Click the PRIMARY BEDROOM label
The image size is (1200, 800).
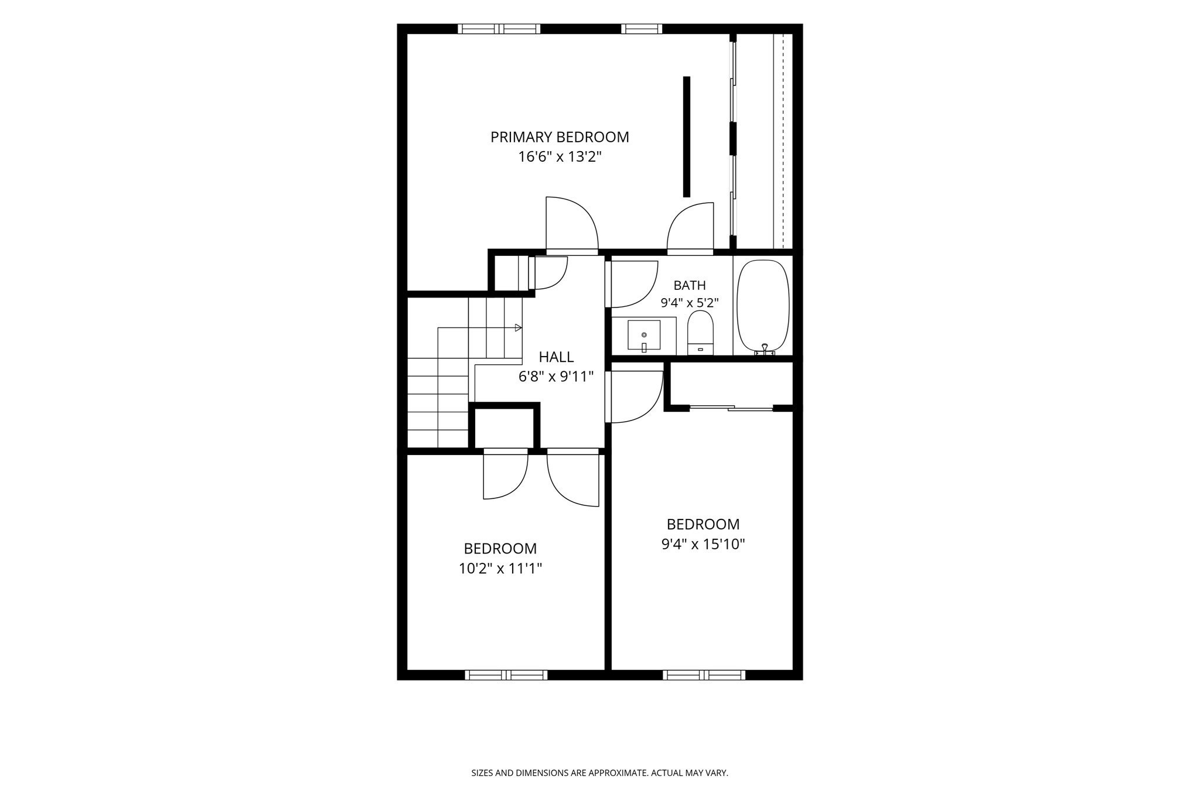(x=560, y=137)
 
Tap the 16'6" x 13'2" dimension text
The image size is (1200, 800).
(x=560, y=157)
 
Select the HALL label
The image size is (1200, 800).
(x=556, y=357)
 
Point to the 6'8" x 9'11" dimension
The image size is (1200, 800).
(x=556, y=377)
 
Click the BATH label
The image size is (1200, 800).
(x=690, y=285)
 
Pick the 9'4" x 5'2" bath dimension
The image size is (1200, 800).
(x=690, y=303)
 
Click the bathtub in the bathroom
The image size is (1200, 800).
(x=763, y=306)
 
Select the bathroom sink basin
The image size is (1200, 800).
(x=644, y=335)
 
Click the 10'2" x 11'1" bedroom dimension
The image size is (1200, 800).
(x=500, y=568)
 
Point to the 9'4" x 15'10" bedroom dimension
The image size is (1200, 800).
(x=703, y=544)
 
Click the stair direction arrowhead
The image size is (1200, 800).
(x=518, y=327)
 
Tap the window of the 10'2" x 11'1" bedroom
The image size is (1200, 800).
(x=506, y=675)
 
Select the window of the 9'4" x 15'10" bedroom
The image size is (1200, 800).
(x=704, y=675)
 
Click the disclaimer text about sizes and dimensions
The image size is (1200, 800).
(x=599, y=773)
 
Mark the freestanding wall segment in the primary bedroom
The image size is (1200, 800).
(x=687, y=136)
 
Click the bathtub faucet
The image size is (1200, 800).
(x=765, y=350)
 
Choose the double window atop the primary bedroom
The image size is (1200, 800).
(x=499, y=29)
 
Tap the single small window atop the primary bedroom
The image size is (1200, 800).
(x=642, y=29)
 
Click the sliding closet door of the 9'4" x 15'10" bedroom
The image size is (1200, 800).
(x=731, y=408)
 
